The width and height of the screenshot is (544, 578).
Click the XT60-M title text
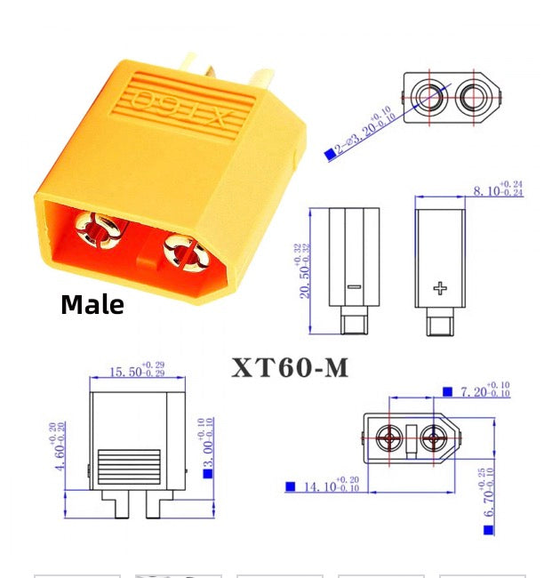[291, 368]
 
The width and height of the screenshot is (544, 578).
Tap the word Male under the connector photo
[92, 305]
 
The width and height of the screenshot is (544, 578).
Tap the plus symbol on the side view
[440, 286]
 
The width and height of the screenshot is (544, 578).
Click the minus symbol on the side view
[353, 287]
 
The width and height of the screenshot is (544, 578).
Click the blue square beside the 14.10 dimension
[290, 486]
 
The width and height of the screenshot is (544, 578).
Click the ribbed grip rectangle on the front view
[129, 465]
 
